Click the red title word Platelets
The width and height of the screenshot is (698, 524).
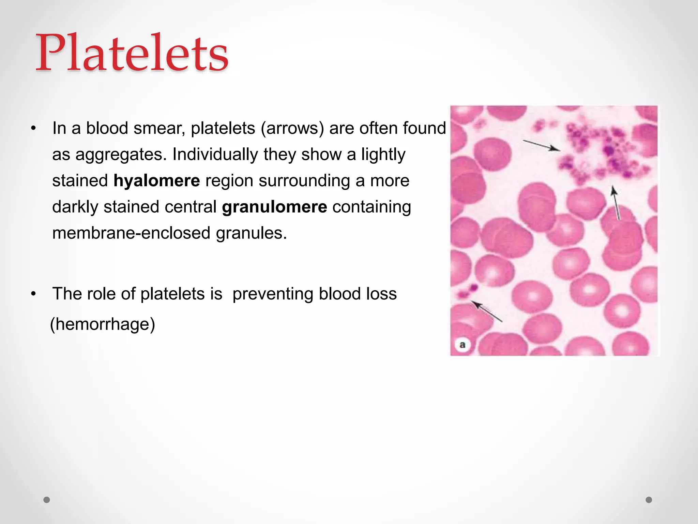(x=132, y=53)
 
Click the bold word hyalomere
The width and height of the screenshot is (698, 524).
(x=156, y=180)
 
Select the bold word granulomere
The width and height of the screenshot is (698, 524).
(x=274, y=207)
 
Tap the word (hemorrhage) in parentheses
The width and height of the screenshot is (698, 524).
(x=103, y=324)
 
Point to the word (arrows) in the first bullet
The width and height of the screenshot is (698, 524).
(x=292, y=128)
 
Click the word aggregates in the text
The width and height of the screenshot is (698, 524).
(x=121, y=155)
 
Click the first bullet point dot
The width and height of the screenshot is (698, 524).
(x=33, y=129)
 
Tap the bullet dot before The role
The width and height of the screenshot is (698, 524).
(x=33, y=294)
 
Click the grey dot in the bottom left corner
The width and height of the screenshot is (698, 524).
(x=47, y=500)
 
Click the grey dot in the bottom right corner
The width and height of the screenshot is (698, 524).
(x=649, y=500)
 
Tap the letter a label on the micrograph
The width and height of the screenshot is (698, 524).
(x=462, y=345)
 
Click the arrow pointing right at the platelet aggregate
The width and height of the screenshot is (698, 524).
(x=541, y=145)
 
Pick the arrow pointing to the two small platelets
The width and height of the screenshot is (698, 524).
(x=487, y=311)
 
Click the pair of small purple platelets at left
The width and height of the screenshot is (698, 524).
(x=468, y=291)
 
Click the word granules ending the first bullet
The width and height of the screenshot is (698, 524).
(x=251, y=233)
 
